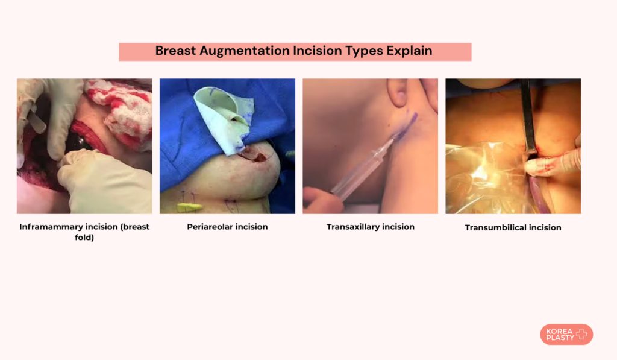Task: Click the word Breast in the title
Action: (x=175, y=51)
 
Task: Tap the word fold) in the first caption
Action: (x=84, y=237)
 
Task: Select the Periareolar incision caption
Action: (x=227, y=227)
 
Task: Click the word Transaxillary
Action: (x=352, y=227)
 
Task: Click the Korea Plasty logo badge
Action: (x=566, y=335)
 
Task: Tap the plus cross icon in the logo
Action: (x=581, y=335)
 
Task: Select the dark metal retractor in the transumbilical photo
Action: (x=528, y=118)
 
